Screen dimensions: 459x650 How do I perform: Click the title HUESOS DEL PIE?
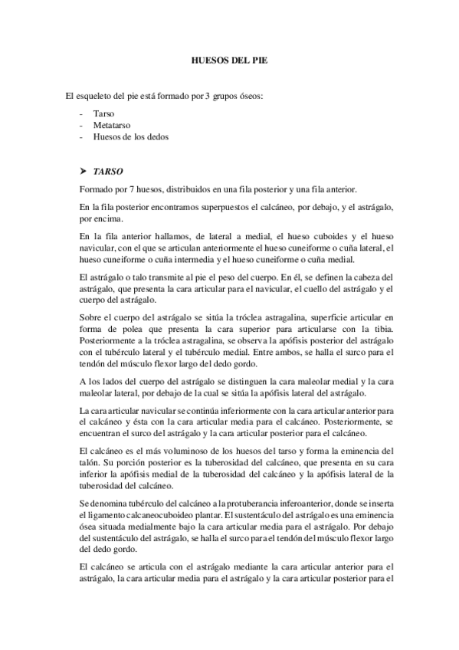(x=229, y=59)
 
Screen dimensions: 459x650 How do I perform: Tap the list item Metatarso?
(x=110, y=125)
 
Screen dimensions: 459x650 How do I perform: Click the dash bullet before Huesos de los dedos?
(x=81, y=137)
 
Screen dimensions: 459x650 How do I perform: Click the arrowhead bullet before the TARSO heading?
(x=83, y=171)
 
